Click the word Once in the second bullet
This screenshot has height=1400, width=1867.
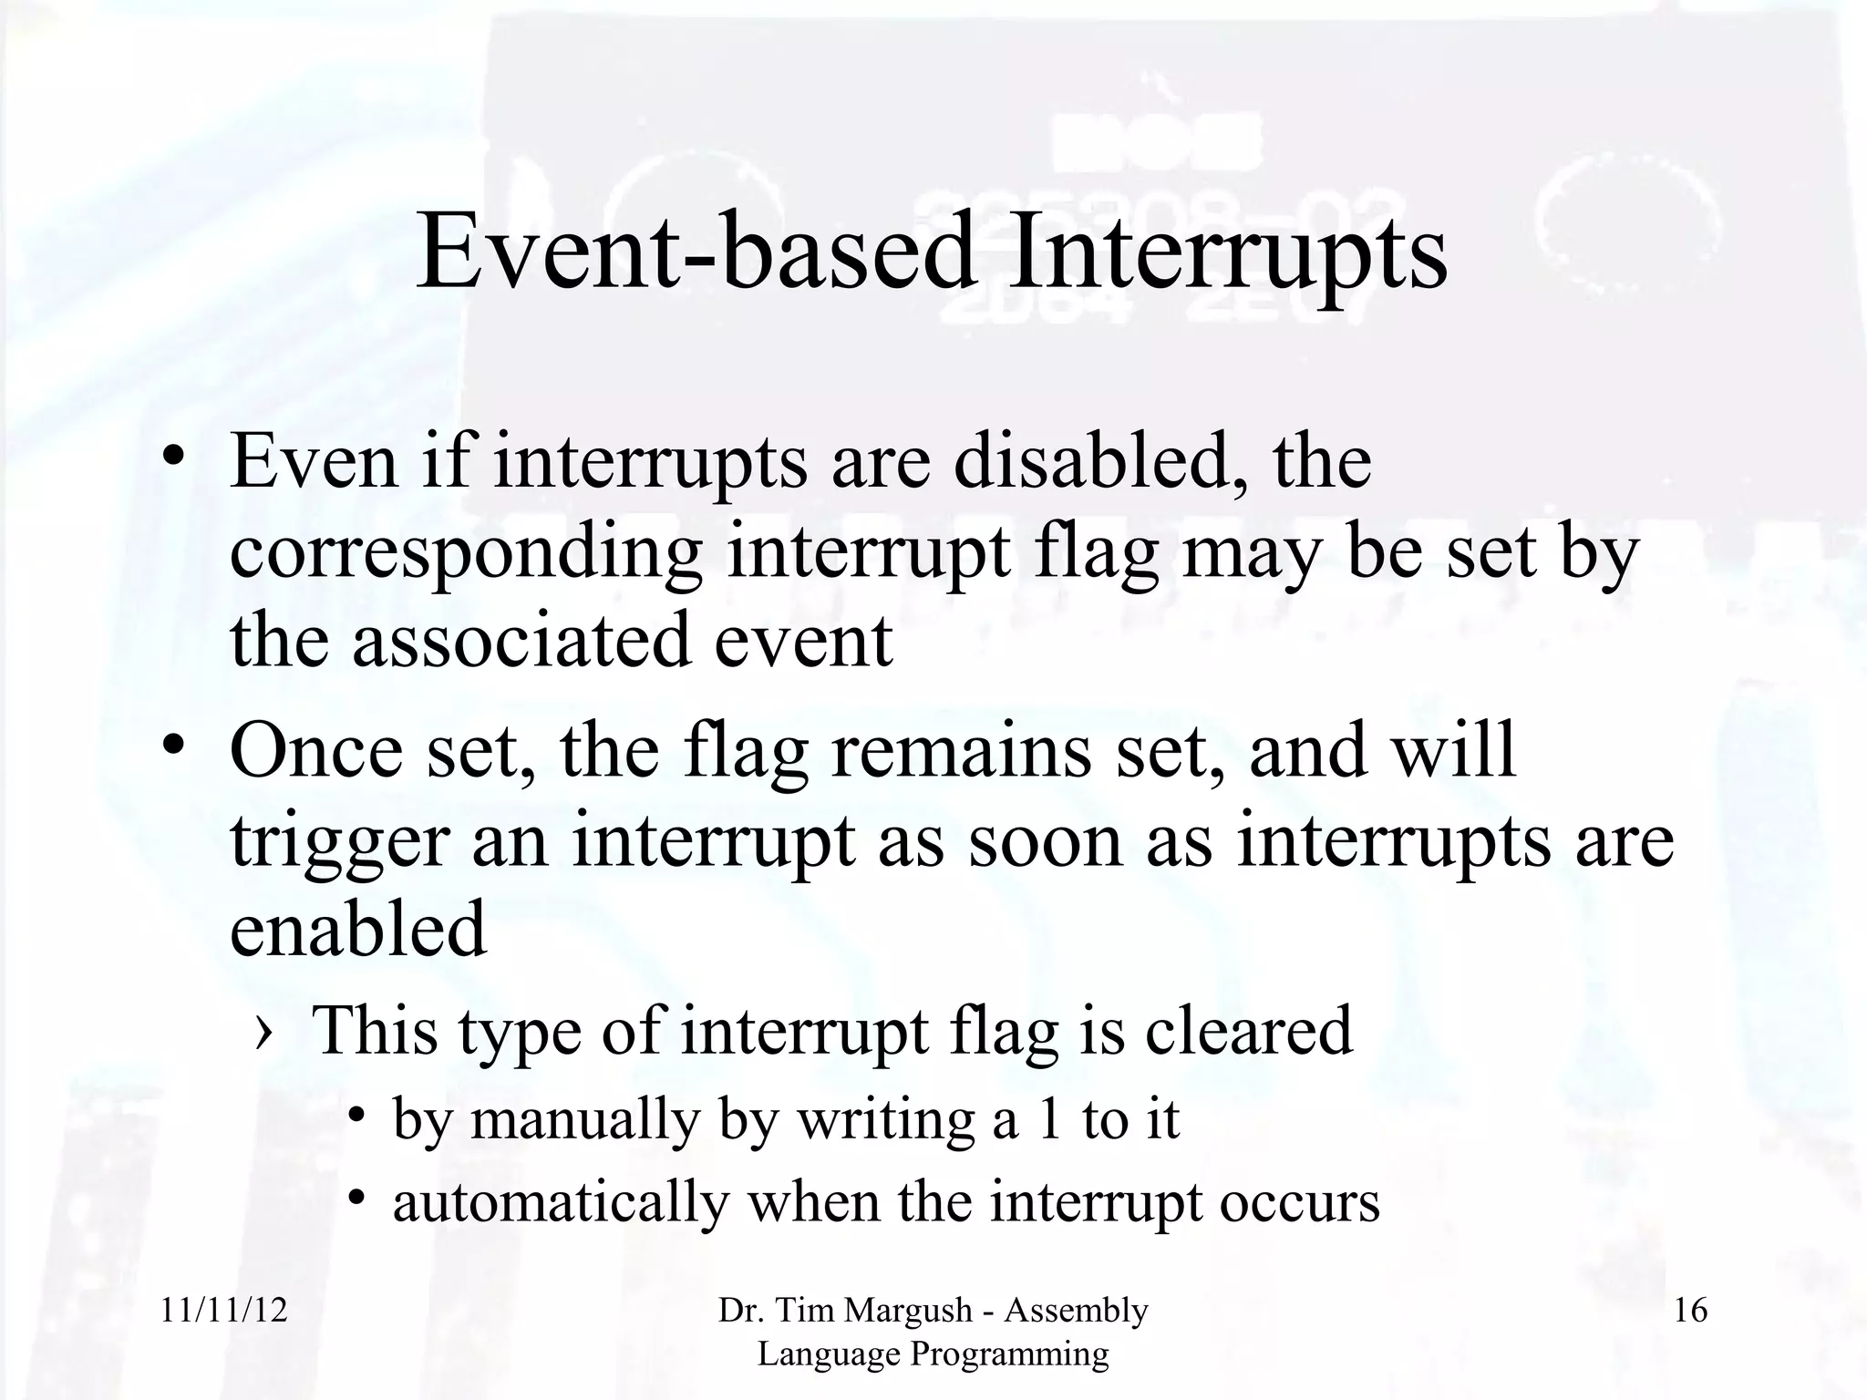click(x=315, y=749)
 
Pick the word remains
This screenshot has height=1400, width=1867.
click(x=960, y=749)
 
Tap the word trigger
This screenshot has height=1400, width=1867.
click(x=339, y=840)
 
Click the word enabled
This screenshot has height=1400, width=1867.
click(x=358, y=929)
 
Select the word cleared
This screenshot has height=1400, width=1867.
click(x=1248, y=1030)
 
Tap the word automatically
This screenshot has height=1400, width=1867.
click(x=561, y=1202)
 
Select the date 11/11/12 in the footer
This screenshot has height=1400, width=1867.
click(x=224, y=1311)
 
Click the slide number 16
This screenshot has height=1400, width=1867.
click(x=1690, y=1311)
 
